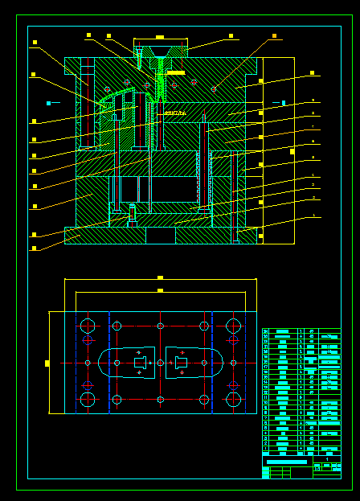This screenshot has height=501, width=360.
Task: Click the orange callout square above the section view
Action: pos(274,36)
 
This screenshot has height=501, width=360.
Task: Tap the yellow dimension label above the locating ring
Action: pos(160,37)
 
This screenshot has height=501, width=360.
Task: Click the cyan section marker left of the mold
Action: pos(48,103)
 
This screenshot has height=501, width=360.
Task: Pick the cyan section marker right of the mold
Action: pos(284,103)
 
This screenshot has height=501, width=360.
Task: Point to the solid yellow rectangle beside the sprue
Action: pos(175,72)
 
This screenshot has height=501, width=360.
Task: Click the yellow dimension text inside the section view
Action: pos(174,113)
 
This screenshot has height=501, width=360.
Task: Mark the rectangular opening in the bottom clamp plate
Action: pos(161,236)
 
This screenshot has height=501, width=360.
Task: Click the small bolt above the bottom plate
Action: pos(133,214)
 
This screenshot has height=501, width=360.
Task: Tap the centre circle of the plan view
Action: pos(160,363)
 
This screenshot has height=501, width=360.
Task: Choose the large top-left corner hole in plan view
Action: pos(88,326)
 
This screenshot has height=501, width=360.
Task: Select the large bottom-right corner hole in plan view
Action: pos(234,399)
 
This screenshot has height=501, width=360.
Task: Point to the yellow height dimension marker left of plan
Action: pos(47,363)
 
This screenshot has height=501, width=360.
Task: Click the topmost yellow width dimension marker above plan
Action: pos(160,277)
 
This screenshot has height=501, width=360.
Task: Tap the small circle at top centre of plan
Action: pos(160,326)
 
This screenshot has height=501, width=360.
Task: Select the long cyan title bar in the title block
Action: pos(286,462)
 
